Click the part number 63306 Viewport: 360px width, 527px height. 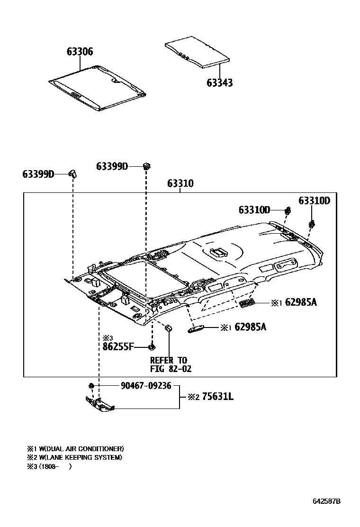point(79,52)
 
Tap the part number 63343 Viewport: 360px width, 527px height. point(219,83)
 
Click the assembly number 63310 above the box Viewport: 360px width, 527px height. point(180,184)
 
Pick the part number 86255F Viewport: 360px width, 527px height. point(119,347)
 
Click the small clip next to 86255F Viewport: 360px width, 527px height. point(152,347)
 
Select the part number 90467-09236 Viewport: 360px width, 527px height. point(145,386)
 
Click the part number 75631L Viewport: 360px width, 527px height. point(217,396)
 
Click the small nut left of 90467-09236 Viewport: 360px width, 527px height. point(90,385)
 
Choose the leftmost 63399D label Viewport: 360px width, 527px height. point(38,174)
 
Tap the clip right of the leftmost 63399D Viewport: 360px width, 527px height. point(73,173)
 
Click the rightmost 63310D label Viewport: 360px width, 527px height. point(314,200)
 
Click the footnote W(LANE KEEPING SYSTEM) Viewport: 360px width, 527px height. point(80,457)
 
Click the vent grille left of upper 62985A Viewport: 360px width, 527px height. point(246,304)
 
